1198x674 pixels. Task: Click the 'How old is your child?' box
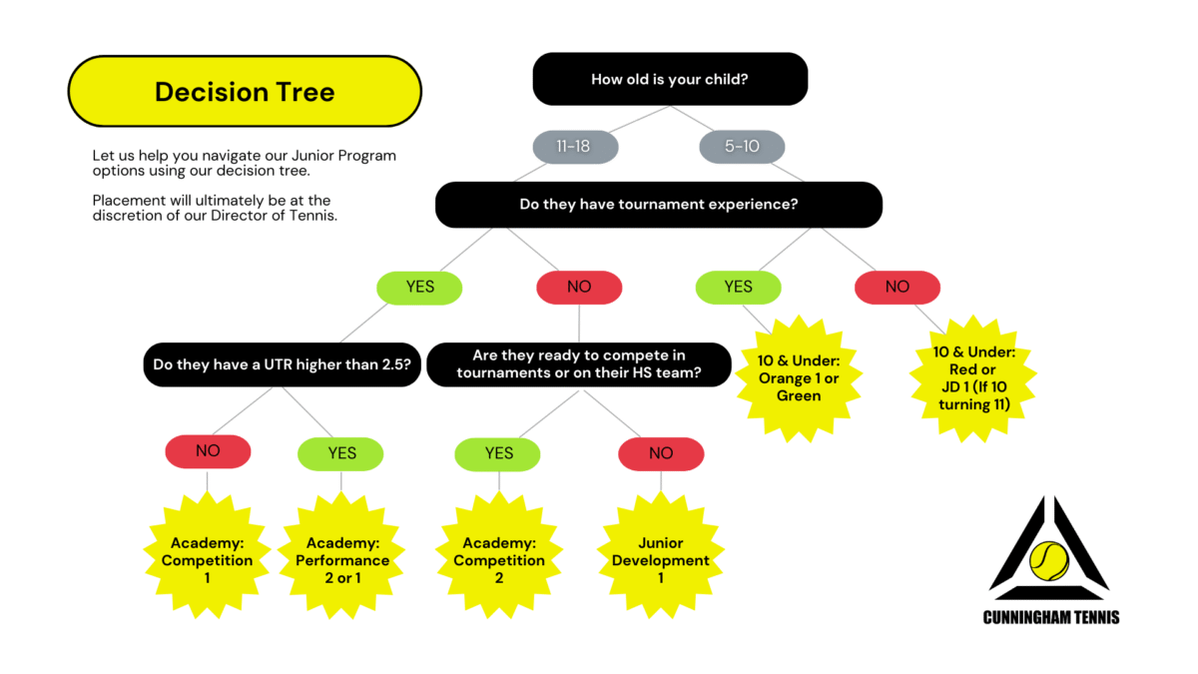(669, 79)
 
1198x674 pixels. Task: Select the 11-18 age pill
(574, 147)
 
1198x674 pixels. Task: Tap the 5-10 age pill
(742, 147)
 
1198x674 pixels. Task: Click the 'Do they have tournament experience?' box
(658, 204)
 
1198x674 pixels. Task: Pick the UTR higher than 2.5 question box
(282, 364)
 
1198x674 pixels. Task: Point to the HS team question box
(578, 364)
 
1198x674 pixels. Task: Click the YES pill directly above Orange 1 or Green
(738, 287)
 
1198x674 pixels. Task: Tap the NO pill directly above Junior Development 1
(661, 453)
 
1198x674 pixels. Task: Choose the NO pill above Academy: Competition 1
(208, 451)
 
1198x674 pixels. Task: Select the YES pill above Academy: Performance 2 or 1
(341, 453)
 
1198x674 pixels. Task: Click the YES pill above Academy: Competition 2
(498, 453)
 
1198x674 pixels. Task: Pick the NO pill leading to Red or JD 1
(897, 287)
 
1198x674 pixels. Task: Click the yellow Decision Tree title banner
(245, 92)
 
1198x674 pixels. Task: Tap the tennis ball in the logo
(1048, 561)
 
